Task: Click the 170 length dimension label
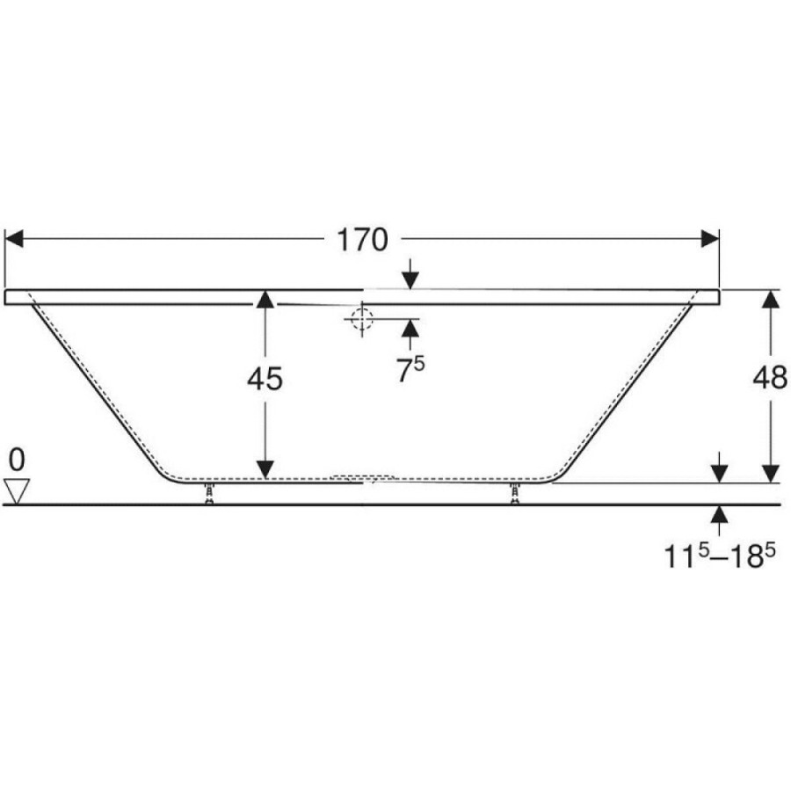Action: click(362, 240)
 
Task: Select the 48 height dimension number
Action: click(770, 377)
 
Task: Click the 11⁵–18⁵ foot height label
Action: click(719, 556)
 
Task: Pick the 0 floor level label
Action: click(17, 460)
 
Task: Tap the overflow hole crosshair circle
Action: click(362, 319)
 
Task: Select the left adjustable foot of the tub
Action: click(209, 493)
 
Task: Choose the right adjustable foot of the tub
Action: click(514, 493)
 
